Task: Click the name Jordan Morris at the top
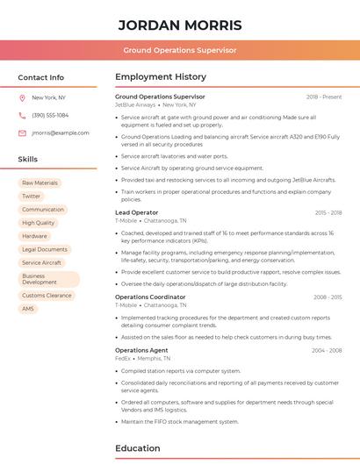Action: pos(179,24)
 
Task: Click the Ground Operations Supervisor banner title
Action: pos(179,51)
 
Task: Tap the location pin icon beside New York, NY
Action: pos(22,97)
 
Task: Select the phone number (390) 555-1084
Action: pos(50,115)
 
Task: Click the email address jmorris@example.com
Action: pos(60,132)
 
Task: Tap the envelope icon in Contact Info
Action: pos(22,132)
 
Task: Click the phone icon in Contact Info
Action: pos(22,115)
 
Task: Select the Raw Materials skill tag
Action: pos(40,182)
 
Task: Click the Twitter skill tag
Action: pos(32,196)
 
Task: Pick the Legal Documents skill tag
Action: pos(45,249)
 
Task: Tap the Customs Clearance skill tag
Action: pos(47,296)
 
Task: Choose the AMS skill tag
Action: pos(28,309)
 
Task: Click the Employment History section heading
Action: pos(161,77)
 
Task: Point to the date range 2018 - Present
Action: pos(324,97)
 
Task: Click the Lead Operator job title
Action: pos(137,212)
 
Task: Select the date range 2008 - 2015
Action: pos(328,297)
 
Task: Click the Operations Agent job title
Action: pos(140,350)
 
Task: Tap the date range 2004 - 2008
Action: pos(327,350)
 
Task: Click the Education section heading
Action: pos(139,448)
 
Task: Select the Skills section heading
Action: pos(28,160)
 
